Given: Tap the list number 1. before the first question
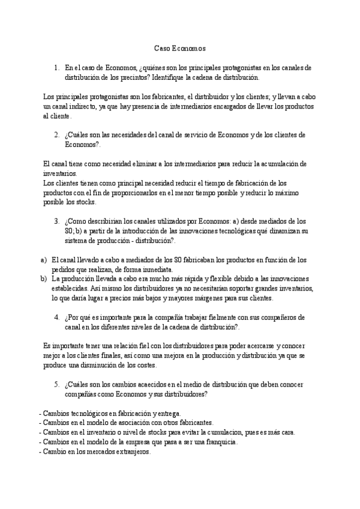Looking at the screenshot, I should pyautogui.click(x=57, y=68).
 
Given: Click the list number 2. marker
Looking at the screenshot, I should pyautogui.click(x=57, y=134).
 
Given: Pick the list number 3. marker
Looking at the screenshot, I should pyautogui.click(x=57, y=221).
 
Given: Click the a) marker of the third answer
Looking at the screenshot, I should pyautogui.click(x=43, y=260).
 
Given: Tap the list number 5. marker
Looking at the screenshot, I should pyautogui.click(x=57, y=385).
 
